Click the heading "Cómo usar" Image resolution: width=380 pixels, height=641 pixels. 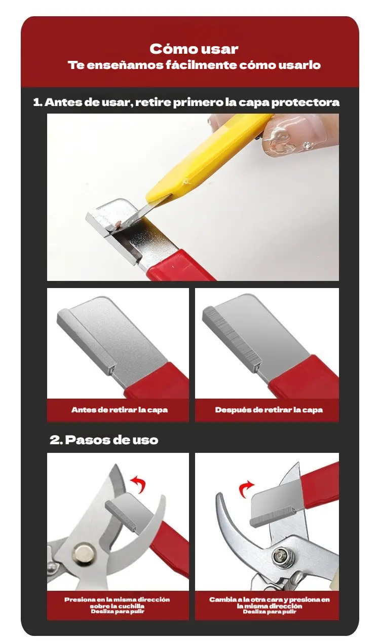pyautogui.click(x=194, y=49)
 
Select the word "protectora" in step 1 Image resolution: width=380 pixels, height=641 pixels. pyautogui.click(x=306, y=102)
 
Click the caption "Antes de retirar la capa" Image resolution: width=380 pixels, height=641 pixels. pyautogui.click(x=120, y=410)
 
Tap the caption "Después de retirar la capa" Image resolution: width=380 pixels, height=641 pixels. pyautogui.click(x=269, y=410)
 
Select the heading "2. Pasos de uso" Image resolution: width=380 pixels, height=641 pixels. pyautogui.click(x=104, y=440)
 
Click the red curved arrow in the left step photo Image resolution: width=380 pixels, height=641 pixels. pyautogui.click(x=139, y=484)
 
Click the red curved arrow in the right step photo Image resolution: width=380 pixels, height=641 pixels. pyautogui.click(x=245, y=488)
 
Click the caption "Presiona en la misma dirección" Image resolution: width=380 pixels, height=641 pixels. pyautogui.click(x=117, y=599)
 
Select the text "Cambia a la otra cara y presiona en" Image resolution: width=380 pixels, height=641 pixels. pyautogui.click(x=270, y=599)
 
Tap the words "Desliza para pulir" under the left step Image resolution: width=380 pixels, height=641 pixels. pyautogui.click(x=118, y=612)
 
